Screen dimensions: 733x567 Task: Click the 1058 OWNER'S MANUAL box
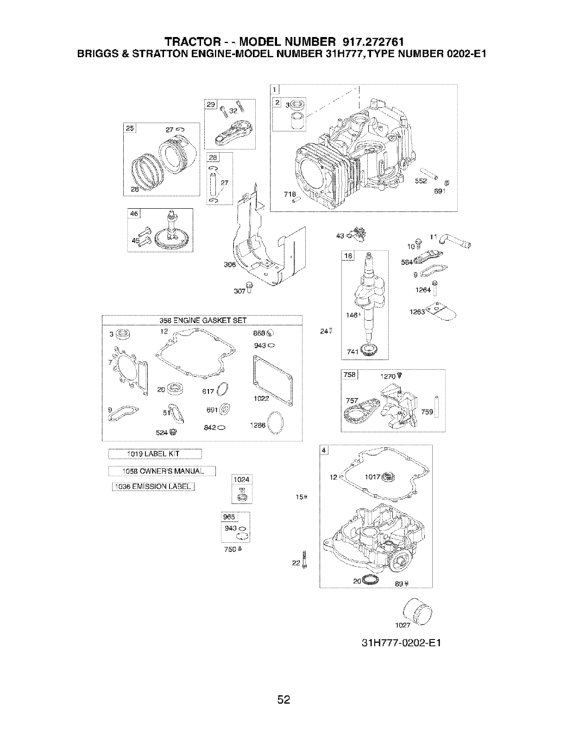tap(162, 472)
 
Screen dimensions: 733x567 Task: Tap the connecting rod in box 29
tap(230, 130)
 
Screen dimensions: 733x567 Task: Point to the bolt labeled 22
tap(304, 559)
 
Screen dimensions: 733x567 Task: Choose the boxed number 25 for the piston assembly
tap(129, 129)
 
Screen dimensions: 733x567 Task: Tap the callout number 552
tap(421, 181)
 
